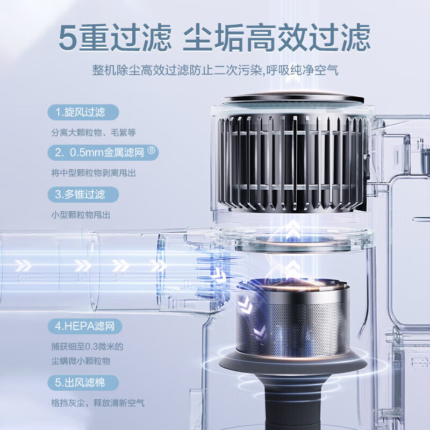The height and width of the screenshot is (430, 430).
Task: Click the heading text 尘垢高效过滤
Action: coord(277,37)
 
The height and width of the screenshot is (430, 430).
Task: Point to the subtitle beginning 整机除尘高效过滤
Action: coord(215,71)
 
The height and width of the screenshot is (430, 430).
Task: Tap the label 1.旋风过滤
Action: coord(80,112)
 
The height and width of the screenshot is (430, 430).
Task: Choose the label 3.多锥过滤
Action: coord(80,193)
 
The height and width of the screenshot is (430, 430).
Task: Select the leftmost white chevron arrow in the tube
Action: coord(23,266)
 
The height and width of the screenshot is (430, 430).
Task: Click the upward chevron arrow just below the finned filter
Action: coord(292,230)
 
